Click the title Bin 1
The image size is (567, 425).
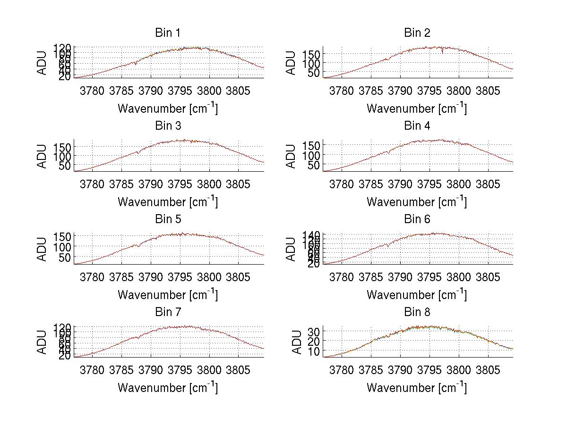click(168, 33)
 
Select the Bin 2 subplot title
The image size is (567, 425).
click(417, 33)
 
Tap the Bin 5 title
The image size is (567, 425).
click(168, 219)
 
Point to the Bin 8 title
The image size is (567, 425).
click(417, 312)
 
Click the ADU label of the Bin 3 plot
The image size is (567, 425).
click(43, 156)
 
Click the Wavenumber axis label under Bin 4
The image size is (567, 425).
click(416, 201)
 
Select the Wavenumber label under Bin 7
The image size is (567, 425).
click(168, 387)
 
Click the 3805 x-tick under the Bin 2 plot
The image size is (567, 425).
click(487, 90)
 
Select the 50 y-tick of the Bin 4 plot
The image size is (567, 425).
click(311, 166)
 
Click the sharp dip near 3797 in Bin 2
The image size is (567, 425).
click(442, 52)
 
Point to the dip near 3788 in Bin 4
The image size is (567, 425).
click(388, 152)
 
